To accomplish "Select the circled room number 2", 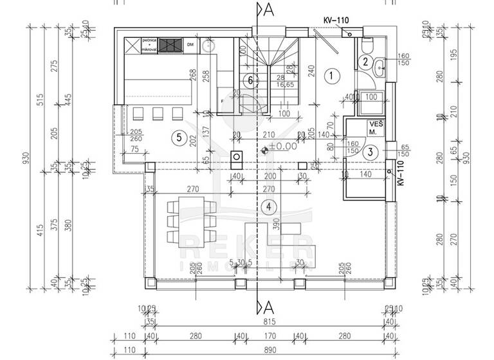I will (365, 62).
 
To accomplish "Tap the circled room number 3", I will (370, 152).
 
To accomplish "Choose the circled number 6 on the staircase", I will (252, 81).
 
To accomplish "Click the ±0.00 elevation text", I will (282, 147).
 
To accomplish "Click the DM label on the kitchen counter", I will (190, 45).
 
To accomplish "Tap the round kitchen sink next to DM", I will (210, 46).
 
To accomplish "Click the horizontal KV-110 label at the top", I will (336, 21).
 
